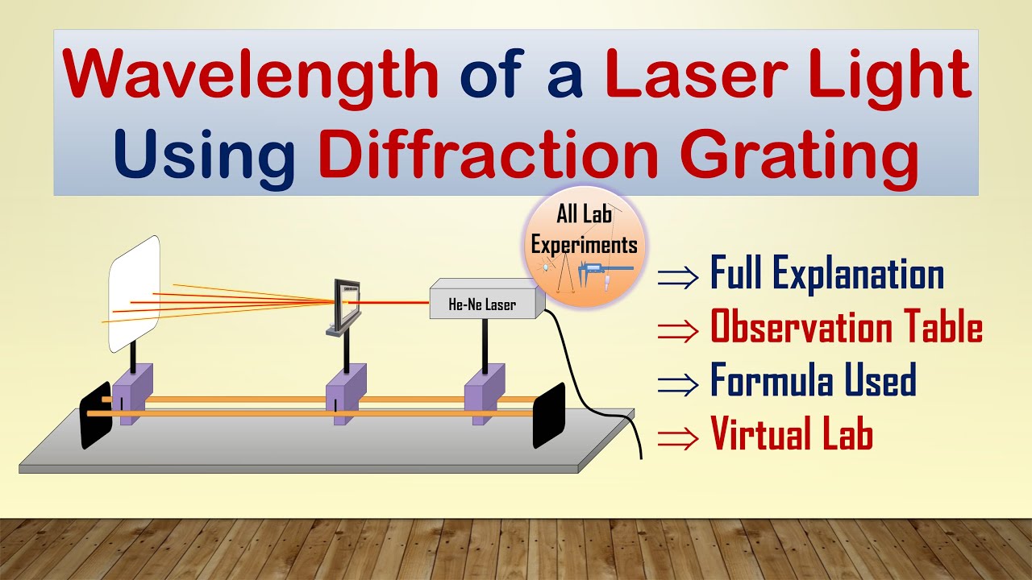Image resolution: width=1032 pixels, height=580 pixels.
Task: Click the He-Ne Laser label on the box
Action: coord(483,305)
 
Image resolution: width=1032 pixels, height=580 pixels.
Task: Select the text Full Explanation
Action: coord(826,274)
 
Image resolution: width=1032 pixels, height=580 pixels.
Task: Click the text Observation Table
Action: coord(846,328)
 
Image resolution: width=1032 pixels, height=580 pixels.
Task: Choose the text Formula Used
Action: coord(813,380)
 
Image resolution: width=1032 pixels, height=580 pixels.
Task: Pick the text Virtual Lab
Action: coord(791,434)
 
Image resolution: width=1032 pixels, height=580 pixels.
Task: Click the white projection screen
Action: coord(134,294)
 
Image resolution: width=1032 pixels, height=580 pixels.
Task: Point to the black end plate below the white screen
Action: coord(96,420)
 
